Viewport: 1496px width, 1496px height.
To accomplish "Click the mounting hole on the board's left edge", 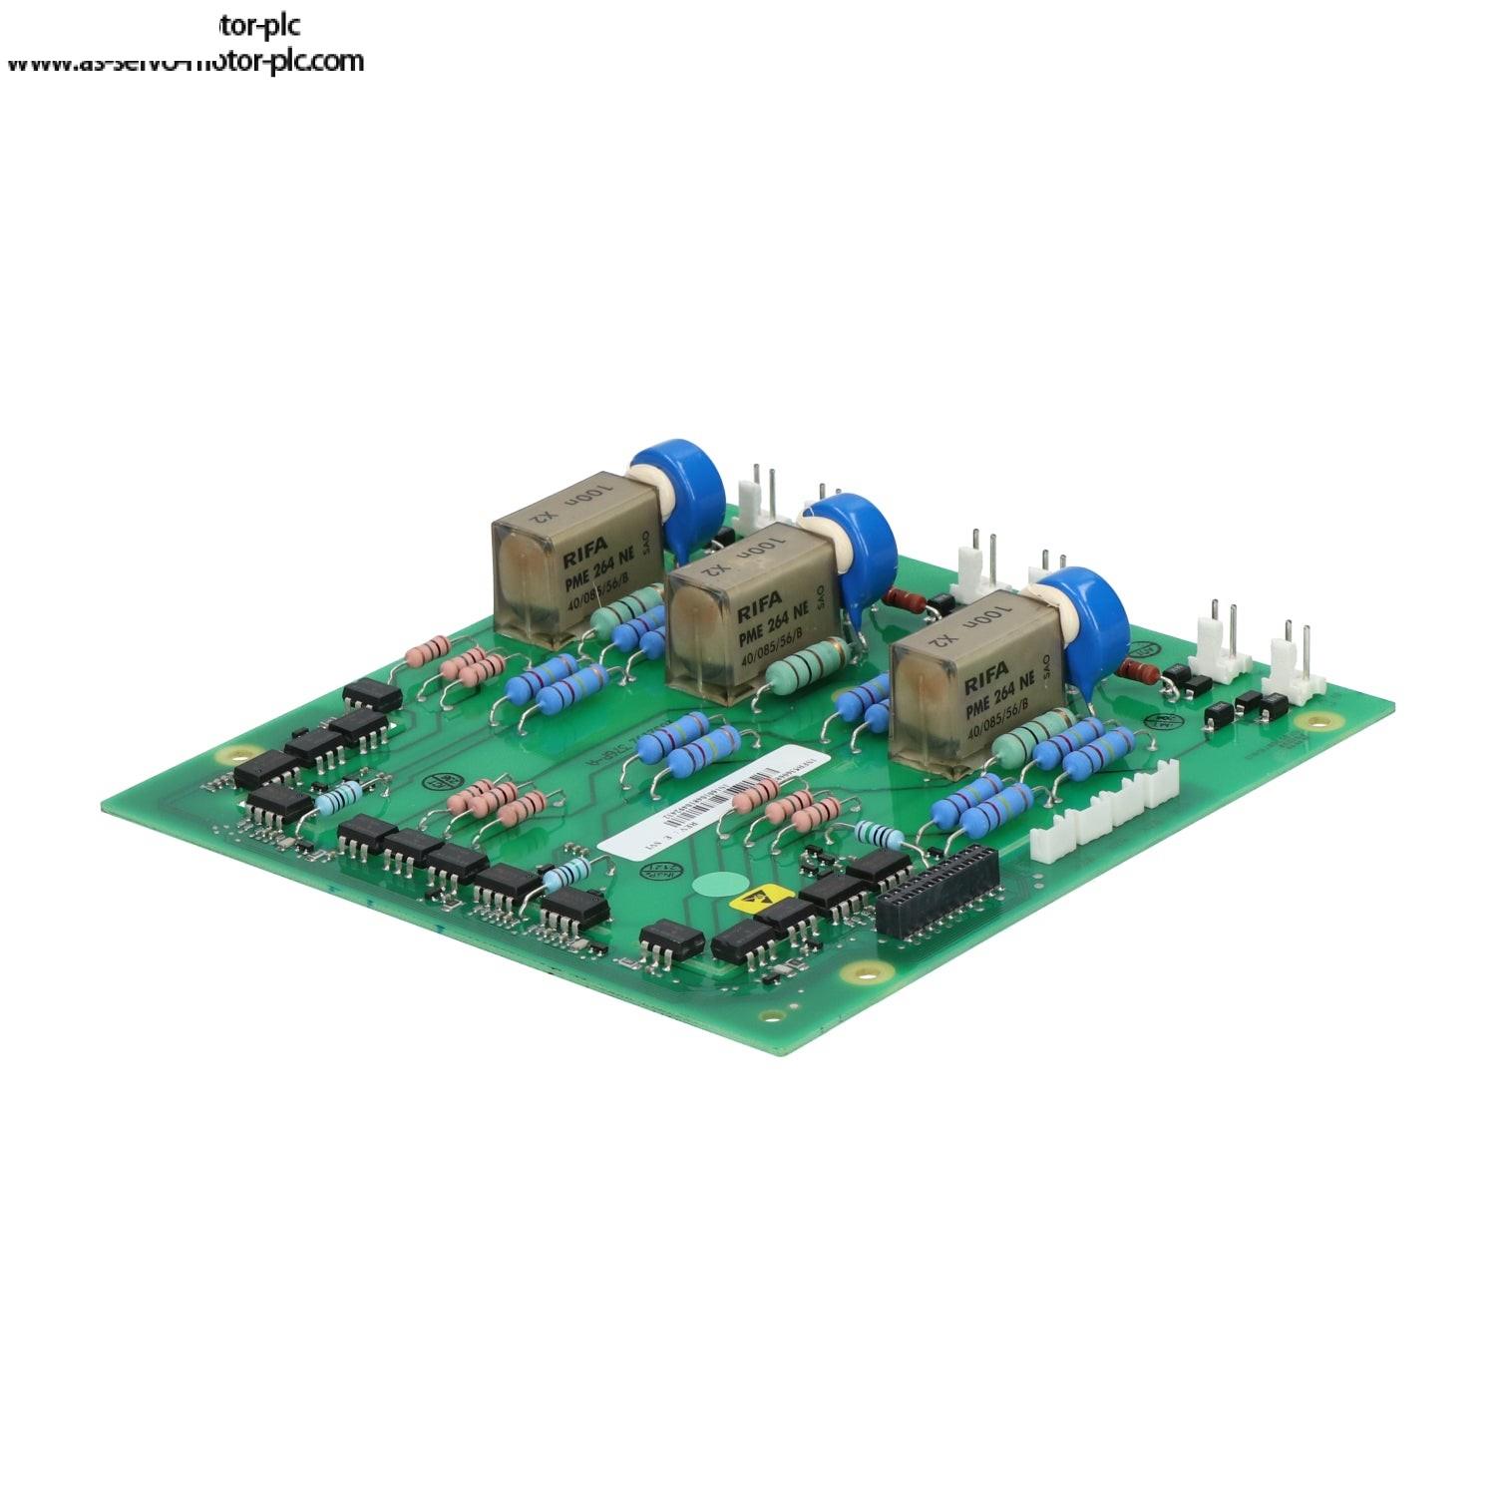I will tap(232, 754).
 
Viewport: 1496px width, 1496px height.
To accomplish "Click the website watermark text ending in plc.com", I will tap(186, 62).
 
